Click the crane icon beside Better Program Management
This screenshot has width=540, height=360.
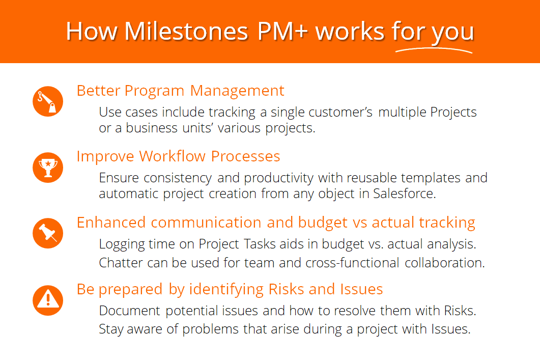coord(48,101)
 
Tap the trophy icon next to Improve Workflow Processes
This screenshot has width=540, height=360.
coord(48,168)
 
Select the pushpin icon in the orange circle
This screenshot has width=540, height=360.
coord(48,233)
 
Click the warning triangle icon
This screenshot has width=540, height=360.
coord(48,300)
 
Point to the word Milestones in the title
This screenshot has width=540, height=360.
coord(186,32)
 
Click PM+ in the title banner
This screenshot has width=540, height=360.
coord(282,32)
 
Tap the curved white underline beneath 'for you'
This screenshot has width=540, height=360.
coord(434,50)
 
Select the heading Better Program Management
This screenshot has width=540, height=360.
coord(180,91)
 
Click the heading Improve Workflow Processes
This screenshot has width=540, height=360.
coord(178,157)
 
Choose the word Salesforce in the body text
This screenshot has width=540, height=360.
coord(404,193)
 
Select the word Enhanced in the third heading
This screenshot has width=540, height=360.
coord(111,223)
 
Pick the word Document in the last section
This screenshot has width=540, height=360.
coord(129,311)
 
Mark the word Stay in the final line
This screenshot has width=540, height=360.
coord(111,329)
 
